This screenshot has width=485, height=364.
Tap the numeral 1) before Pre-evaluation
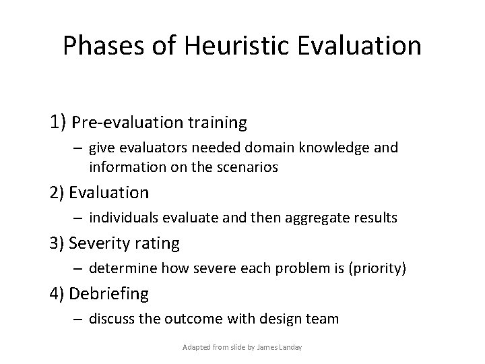click(57, 123)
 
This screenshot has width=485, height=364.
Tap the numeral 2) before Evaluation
click(57, 192)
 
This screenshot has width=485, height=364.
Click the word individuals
click(123, 218)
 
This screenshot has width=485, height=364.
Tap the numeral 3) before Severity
click(57, 243)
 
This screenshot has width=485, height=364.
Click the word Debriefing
click(110, 294)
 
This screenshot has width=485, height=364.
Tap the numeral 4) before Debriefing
click(57, 294)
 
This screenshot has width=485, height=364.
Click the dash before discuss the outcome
click(78, 318)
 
